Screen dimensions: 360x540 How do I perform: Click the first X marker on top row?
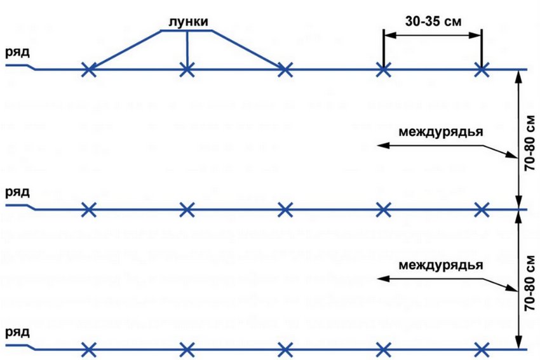coord(90,69)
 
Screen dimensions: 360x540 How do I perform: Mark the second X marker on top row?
coord(187,69)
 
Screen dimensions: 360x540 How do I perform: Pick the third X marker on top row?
coord(285,69)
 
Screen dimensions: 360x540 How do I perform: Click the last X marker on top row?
coord(482,69)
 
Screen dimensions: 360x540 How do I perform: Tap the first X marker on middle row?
coord(90,210)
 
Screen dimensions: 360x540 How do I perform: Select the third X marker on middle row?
coord(285,210)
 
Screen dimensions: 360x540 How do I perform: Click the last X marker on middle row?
coord(482,210)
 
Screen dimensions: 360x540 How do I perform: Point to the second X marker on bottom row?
coord(187,349)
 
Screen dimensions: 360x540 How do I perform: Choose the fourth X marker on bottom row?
coord(383,349)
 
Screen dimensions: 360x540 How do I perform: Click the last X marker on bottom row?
coord(482,349)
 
